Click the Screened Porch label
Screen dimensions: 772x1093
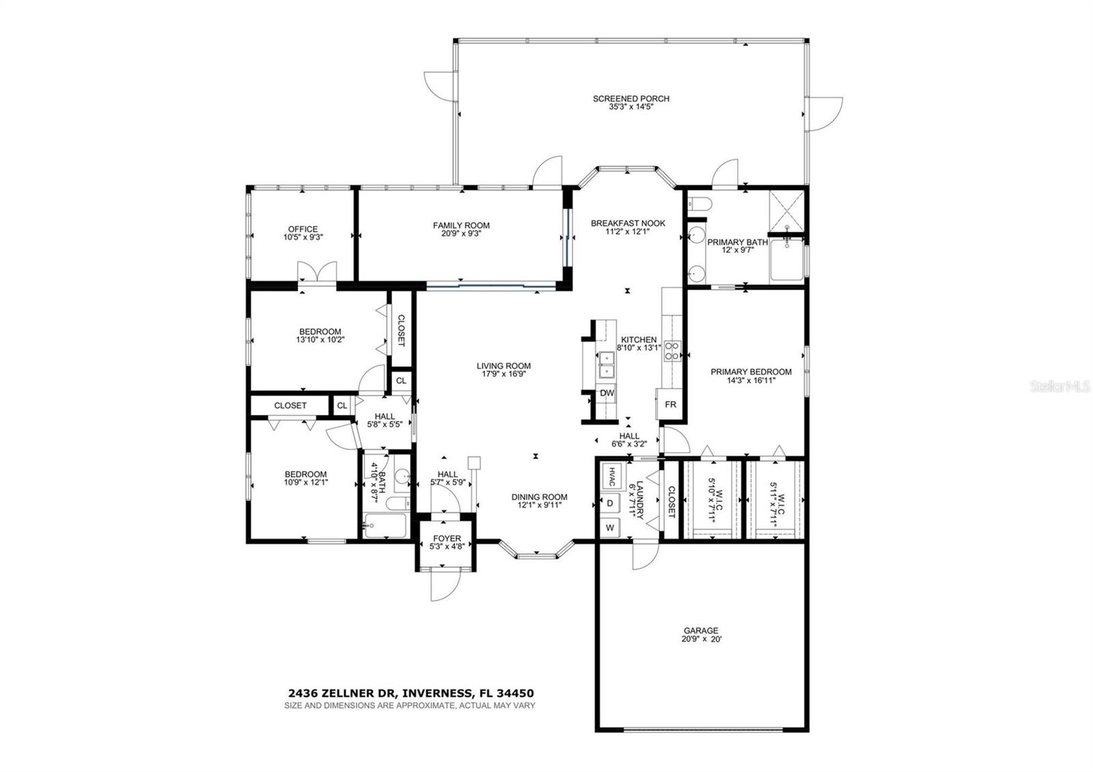pos(631,98)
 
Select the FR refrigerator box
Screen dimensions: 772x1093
pos(670,404)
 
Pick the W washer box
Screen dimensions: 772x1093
pos(609,527)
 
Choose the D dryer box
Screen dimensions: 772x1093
pos(609,504)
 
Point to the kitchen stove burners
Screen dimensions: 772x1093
pos(672,350)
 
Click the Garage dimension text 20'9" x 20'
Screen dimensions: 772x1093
pos(701,639)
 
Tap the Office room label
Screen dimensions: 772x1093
pos(303,229)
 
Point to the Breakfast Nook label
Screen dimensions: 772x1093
pos(627,223)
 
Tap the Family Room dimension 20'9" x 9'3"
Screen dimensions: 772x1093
pos(461,234)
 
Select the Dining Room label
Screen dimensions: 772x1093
pos(539,497)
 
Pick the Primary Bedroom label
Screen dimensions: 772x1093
pos(751,372)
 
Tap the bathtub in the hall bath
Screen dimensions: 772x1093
pos(385,526)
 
